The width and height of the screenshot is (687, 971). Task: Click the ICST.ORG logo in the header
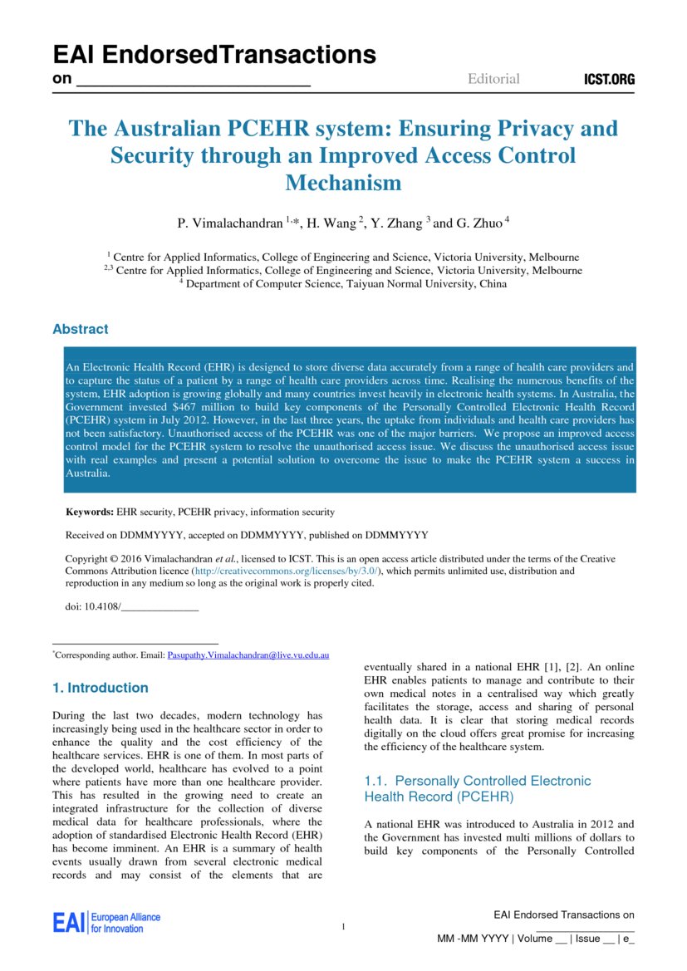point(610,80)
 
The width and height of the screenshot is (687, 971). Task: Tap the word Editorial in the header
point(493,79)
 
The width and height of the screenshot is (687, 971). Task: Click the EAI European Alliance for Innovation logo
point(106,922)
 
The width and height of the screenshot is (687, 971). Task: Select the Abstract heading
point(81,329)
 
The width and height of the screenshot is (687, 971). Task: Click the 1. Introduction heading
point(101,688)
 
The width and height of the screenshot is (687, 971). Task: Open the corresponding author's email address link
point(248,655)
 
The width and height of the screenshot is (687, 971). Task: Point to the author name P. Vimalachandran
point(230,223)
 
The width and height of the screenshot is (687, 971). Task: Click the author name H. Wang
point(332,223)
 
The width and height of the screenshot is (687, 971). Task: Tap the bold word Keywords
point(90,512)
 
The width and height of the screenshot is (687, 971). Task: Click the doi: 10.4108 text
point(93,606)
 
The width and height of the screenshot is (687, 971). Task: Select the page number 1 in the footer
point(343,926)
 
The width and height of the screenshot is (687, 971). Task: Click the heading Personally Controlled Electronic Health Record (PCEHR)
point(478,788)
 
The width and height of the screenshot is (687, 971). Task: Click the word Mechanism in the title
point(343,183)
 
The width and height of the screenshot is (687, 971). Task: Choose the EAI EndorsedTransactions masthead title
point(214,55)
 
